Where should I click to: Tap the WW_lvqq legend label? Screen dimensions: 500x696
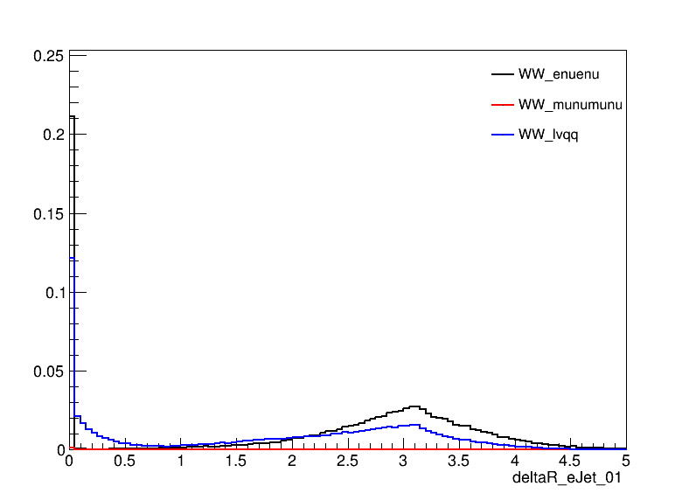(x=548, y=135)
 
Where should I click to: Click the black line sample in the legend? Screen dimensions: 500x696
(x=502, y=74)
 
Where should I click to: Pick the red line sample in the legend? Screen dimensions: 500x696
(x=502, y=105)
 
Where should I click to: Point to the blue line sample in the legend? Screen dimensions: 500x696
(x=502, y=135)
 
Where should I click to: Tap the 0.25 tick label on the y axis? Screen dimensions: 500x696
(x=47, y=55)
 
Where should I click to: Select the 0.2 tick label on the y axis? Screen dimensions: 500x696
(x=52, y=134)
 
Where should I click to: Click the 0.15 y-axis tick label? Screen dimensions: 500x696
(x=47, y=213)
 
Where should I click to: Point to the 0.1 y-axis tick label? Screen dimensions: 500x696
(x=52, y=292)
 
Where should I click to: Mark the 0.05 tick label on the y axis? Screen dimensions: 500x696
(x=47, y=371)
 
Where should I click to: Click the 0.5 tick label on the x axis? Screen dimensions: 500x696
(x=125, y=460)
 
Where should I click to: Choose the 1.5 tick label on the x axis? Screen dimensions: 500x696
(x=236, y=460)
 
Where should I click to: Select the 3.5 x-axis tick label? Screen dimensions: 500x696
(x=459, y=460)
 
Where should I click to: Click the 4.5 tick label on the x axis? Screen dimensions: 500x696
(x=570, y=460)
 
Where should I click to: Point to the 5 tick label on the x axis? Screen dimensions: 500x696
(x=626, y=460)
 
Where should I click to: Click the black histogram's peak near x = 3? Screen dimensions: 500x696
(x=414, y=406)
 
